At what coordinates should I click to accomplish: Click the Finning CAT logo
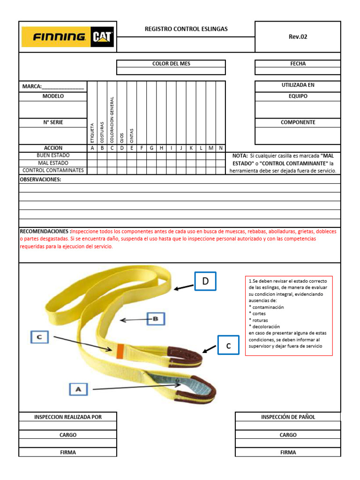67,37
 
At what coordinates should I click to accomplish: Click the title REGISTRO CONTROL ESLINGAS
186,29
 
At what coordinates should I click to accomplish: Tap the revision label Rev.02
298,37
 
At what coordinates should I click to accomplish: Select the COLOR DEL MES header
171,64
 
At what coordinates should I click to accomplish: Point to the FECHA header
298,64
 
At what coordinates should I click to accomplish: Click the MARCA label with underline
53,86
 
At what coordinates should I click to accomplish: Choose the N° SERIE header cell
53,122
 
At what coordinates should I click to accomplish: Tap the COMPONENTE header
298,122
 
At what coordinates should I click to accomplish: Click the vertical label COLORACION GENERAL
112,120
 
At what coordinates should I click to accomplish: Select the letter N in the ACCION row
220,148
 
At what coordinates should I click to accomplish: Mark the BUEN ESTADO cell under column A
92,156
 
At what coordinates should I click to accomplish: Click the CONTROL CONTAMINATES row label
53,170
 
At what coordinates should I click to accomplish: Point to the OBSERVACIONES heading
40,180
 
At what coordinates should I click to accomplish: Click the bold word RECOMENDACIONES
45,232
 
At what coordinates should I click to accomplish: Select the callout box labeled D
205,281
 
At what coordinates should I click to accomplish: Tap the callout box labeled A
78,389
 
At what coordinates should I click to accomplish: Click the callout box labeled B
156,320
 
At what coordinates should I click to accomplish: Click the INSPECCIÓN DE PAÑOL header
288,417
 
